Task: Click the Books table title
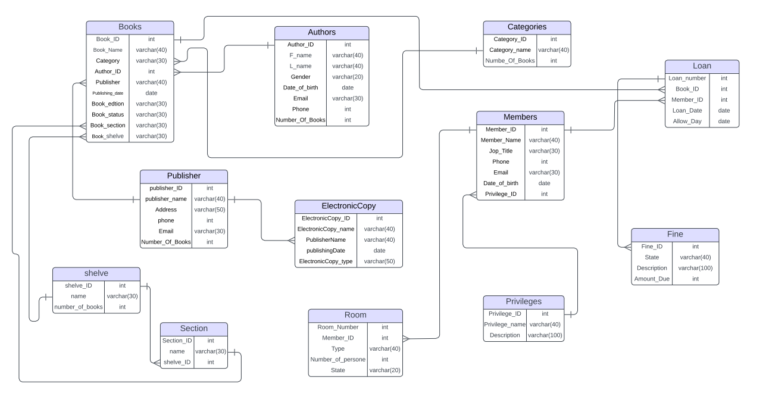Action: point(130,27)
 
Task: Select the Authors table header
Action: point(321,32)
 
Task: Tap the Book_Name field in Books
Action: point(108,50)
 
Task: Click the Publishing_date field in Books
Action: point(108,93)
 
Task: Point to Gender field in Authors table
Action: point(301,77)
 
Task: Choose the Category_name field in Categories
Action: point(510,50)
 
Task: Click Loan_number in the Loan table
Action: point(687,78)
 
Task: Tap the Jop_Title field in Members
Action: point(500,151)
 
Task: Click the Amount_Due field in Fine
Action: point(652,279)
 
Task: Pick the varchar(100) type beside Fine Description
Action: point(695,268)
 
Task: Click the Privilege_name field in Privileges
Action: point(505,325)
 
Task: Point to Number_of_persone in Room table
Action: point(337,359)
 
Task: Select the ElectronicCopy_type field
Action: point(326,261)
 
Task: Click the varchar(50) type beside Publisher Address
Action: point(210,210)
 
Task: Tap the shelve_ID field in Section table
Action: point(177,362)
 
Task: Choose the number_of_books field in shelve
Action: point(79,307)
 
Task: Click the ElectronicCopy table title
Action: point(348,206)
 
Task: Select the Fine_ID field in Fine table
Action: point(652,247)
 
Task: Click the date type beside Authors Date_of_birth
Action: point(348,88)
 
